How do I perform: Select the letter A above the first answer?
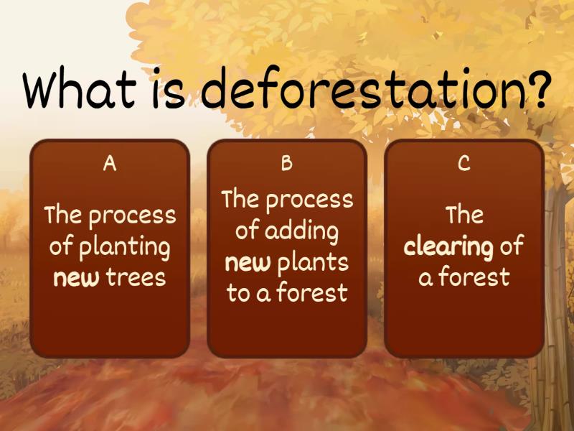pyautogui.click(x=110, y=164)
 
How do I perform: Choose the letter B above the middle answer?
pyautogui.click(x=287, y=164)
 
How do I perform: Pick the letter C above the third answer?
pyautogui.click(x=464, y=164)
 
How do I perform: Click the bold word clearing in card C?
pyautogui.click(x=448, y=246)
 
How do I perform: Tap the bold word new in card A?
pyautogui.click(x=76, y=277)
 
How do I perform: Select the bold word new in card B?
pyautogui.click(x=248, y=262)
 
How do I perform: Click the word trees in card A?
pyautogui.click(x=136, y=277)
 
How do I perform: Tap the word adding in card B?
pyautogui.click(x=301, y=231)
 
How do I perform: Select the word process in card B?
pyautogui.click(x=309, y=200)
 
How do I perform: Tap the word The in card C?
pyautogui.click(x=464, y=215)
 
